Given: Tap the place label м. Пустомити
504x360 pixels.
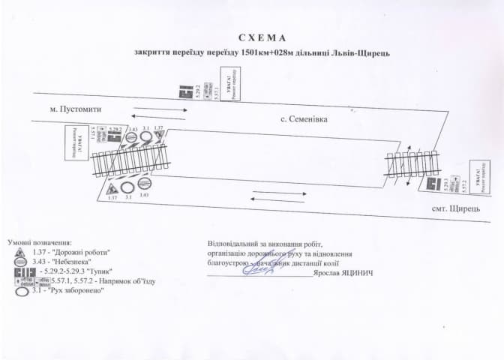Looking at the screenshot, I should pyautogui.click(x=75, y=109).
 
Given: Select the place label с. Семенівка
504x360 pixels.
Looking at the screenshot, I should pyautogui.click(x=304, y=118).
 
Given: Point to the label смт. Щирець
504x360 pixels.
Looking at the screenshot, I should pyautogui.click(x=455, y=208).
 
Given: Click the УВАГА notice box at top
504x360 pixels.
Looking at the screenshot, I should pyautogui.click(x=228, y=85).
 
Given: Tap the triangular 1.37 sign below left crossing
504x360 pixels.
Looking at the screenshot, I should pyautogui.click(x=112, y=187).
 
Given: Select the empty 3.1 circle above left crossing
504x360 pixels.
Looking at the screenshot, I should pyautogui.click(x=146, y=137).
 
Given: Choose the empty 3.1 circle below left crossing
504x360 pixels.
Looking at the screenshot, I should pyautogui.click(x=128, y=187).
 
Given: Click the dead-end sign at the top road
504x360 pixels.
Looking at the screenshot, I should pyautogui.click(x=184, y=91).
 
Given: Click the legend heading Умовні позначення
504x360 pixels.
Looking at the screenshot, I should pyautogui.click(x=40, y=243).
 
